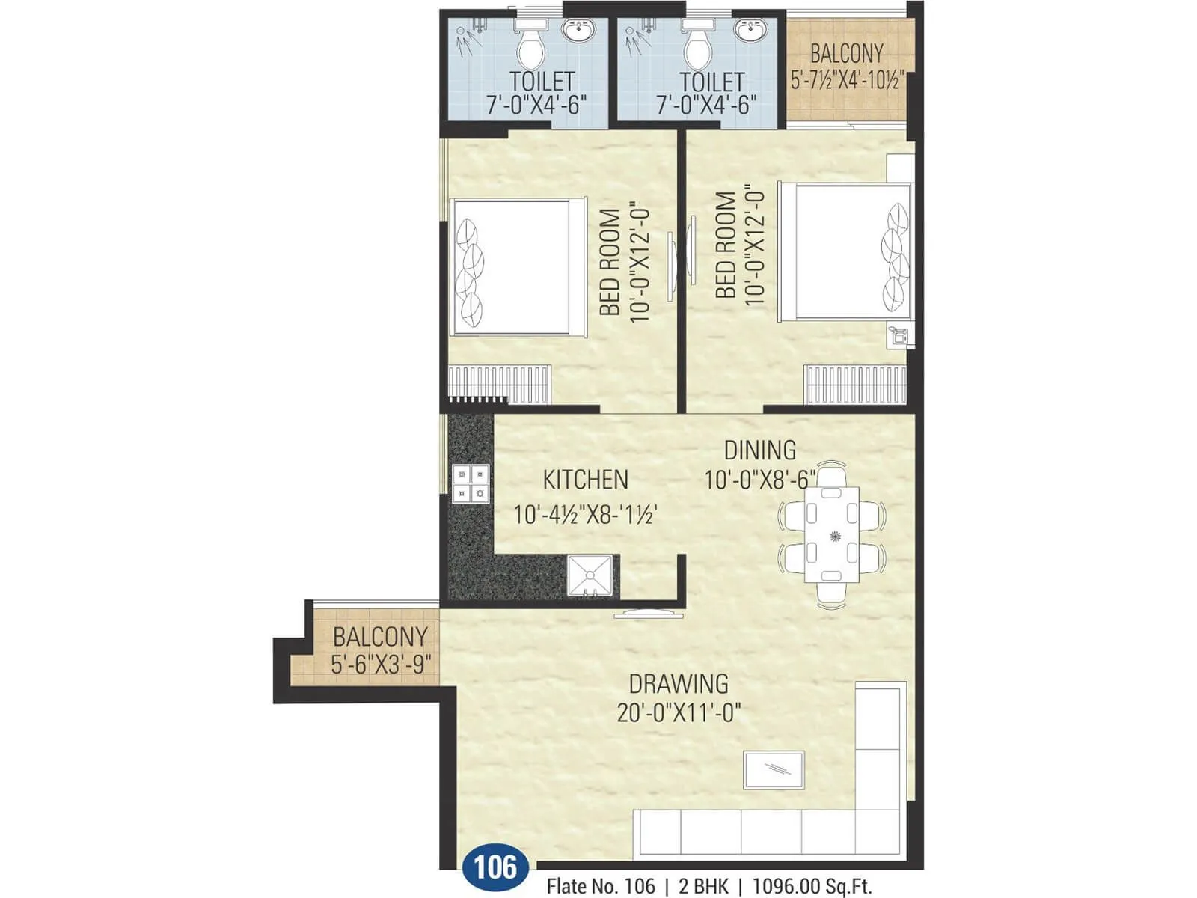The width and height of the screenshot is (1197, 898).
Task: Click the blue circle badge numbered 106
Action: [x=495, y=868]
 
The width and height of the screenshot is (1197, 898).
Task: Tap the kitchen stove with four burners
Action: [x=471, y=483]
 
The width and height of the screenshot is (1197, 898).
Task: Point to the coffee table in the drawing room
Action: [x=774, y=771]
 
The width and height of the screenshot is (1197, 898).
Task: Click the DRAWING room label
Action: [x=678, y=684]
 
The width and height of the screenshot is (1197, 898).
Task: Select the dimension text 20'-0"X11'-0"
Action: [x=679, y=712]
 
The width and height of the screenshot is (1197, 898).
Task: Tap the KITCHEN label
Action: [x=585, y=480]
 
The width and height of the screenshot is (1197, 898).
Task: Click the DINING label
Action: [x=759, y=450]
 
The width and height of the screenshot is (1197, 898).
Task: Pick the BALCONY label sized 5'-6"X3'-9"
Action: [x=380, y=638]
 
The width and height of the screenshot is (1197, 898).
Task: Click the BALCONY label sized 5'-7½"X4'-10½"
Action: [x=846, y=53]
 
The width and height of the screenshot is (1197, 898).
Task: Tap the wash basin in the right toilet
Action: [x=750, y=31]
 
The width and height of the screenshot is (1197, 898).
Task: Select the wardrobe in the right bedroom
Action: [x=855, y=385]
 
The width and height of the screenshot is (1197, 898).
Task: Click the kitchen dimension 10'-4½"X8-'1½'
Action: [x=585, y=515]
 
